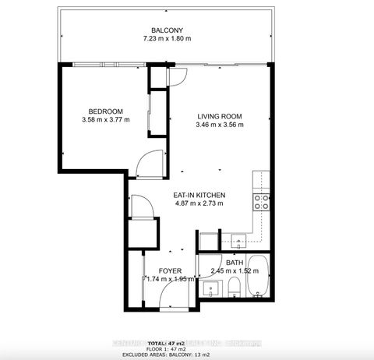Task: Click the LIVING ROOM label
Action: (x=219, y=117)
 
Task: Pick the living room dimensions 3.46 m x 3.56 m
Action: (x=219, y=125)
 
